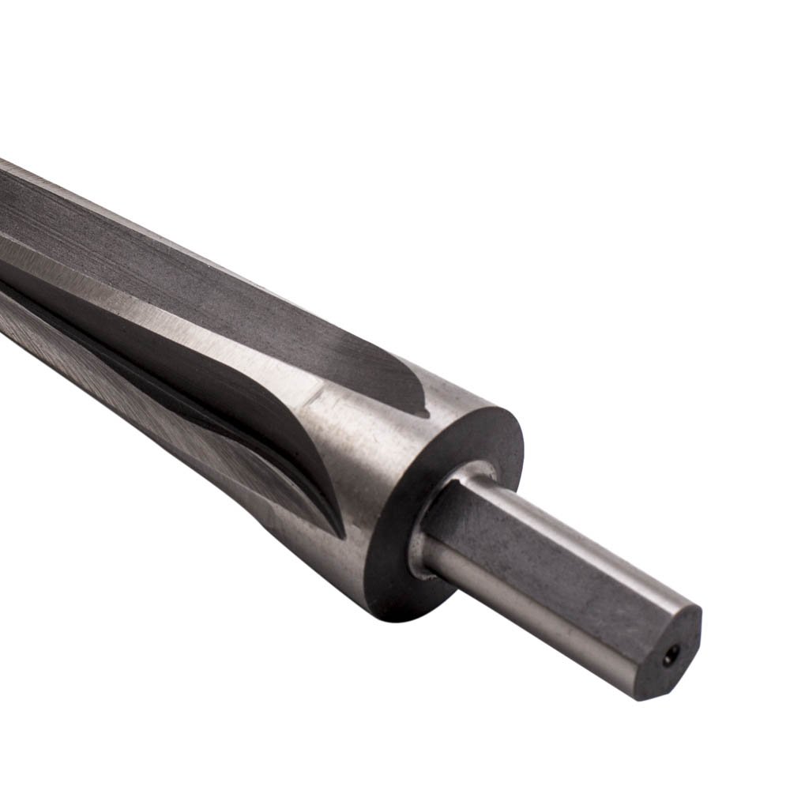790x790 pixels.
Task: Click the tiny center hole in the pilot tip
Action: (x=671, y=654)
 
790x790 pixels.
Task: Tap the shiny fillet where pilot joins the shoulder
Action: (x=431, y=545)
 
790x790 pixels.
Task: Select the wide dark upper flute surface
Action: (x=197, y=261)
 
